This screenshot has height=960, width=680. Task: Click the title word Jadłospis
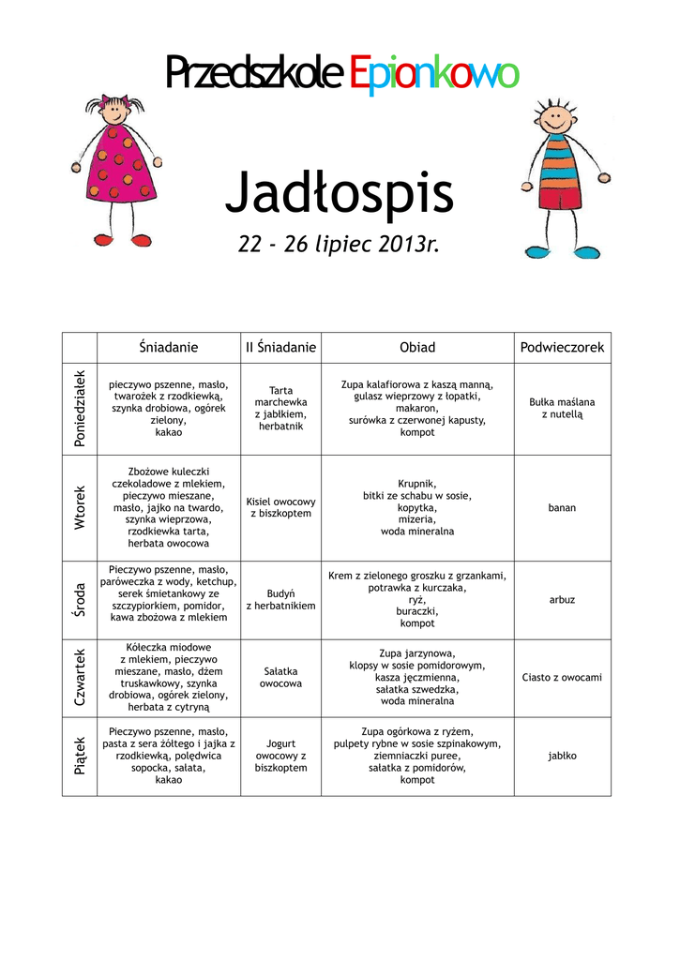point(339,194)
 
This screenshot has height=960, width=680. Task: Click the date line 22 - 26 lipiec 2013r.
point(339,246)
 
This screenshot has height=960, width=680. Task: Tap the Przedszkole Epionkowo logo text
point(340,74)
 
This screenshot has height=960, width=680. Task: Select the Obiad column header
point(417,348)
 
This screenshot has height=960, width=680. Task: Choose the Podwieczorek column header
point(562,348)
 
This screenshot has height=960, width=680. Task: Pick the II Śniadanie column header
point(280,348)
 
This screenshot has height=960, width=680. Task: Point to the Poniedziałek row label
point(80,409)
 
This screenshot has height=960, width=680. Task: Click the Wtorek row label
point(80,507)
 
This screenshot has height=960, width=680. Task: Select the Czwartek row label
point(80,677)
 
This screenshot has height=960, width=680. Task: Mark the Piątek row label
point(80,755)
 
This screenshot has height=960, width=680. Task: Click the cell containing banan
point(562,507)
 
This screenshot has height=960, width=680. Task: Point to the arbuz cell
point(562,599)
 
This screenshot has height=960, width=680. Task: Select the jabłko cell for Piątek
point(562,755)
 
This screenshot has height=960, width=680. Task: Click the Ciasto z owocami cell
point(562,677)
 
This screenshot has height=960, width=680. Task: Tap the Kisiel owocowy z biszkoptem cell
point(280,507)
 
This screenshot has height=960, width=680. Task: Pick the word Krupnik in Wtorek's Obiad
point(417,484)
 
